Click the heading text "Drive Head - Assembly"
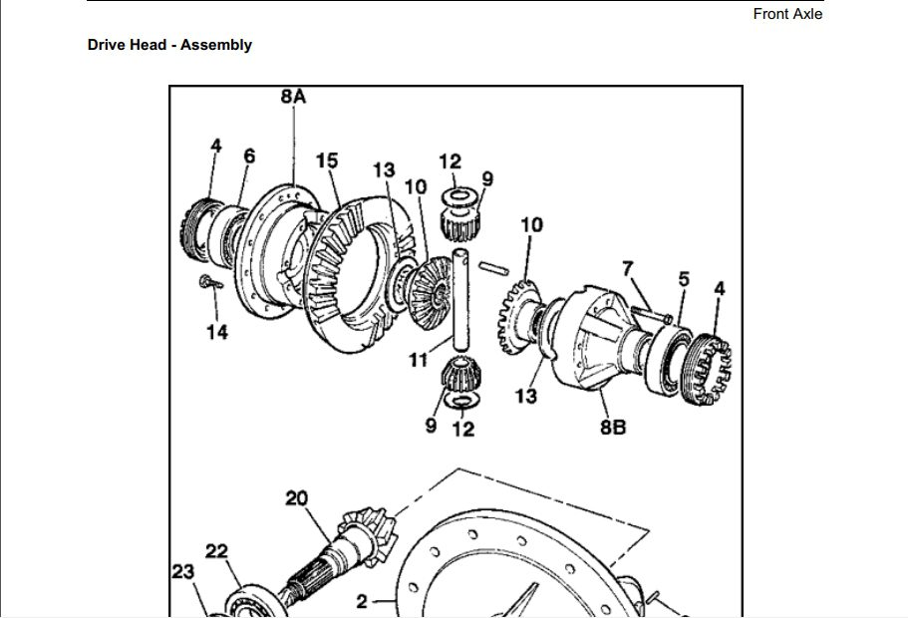tap(169, 45)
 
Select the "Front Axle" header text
tap(787, 14)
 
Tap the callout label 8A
tap(293, 97)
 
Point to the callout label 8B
tap(612, 428)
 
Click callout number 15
tap(327, 160)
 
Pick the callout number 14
tap(217, 332)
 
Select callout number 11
tap(419, 360)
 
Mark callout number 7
tap(627, 268)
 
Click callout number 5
tap(684, 279)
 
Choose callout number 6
tap(249, 155)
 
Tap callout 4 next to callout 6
tap(215, 146)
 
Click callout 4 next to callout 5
tap(720, 289)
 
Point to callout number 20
tap(296, 498)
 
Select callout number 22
tap(217, 551)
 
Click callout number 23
tap(182, 571)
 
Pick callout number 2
tap(362, 601)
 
